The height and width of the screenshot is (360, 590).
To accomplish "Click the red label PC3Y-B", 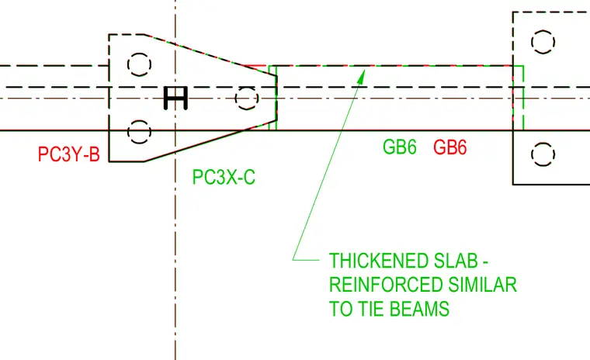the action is point(69,154).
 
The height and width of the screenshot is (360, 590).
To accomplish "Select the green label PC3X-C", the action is point(224,177).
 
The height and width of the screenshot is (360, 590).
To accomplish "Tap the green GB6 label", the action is point(400,147).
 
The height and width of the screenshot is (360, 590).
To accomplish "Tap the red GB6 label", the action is point(450,147).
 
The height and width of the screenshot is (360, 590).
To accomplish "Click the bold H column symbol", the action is point(175,99).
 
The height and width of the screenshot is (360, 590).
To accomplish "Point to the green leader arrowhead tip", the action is point(365,70).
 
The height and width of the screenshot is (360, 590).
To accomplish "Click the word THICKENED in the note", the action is point(380,261).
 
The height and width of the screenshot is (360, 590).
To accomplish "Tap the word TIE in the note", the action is point(371,309).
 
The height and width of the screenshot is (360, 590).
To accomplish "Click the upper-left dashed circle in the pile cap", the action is point(139,64).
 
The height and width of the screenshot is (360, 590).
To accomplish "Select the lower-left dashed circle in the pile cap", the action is point(139,132).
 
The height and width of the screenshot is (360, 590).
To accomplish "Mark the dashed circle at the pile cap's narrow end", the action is point(246,99).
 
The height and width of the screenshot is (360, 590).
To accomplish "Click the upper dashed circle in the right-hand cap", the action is point(543,42).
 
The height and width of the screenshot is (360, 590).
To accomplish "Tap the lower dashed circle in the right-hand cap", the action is point(543,154).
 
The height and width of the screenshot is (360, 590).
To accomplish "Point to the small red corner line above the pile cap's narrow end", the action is point(256,67).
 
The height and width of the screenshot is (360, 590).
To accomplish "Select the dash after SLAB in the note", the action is point(485,261).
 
